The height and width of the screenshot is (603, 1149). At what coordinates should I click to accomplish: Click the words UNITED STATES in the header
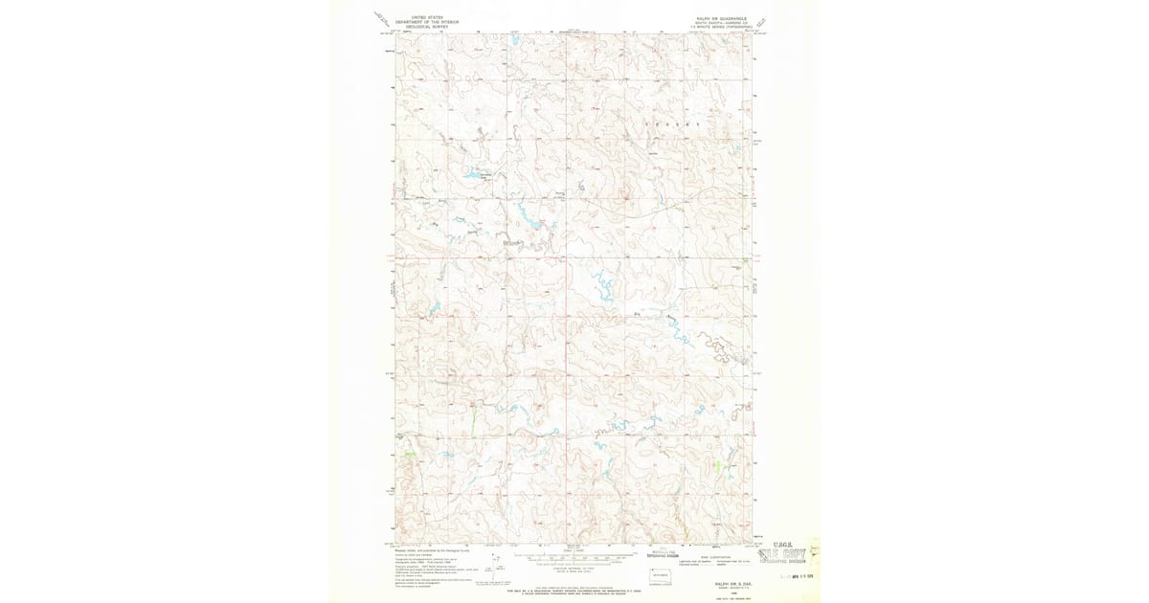point(426,16)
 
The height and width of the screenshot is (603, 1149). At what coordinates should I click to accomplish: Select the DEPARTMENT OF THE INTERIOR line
point(426,21)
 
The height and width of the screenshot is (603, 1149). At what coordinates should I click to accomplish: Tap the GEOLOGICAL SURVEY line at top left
point(426,26)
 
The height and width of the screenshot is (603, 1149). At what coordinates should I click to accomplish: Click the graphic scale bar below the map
point(574,555)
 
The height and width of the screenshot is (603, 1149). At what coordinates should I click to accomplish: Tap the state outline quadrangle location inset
point(658,577)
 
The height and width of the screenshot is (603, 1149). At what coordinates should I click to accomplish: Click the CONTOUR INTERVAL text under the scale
point(574,566)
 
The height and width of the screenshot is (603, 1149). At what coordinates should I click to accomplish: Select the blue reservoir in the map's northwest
point(473,174)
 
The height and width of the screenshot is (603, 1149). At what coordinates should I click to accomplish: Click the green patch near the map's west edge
point(409,453)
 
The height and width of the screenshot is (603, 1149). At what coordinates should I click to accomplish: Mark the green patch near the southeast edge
point(718,466)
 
